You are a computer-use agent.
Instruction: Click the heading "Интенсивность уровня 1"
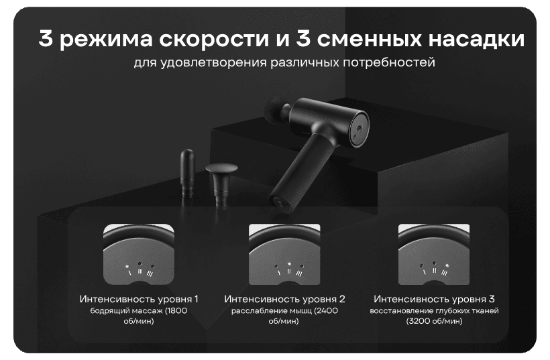point(139,298)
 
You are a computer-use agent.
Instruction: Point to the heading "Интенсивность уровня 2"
point(284,298)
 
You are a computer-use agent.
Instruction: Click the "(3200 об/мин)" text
point(434,322)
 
